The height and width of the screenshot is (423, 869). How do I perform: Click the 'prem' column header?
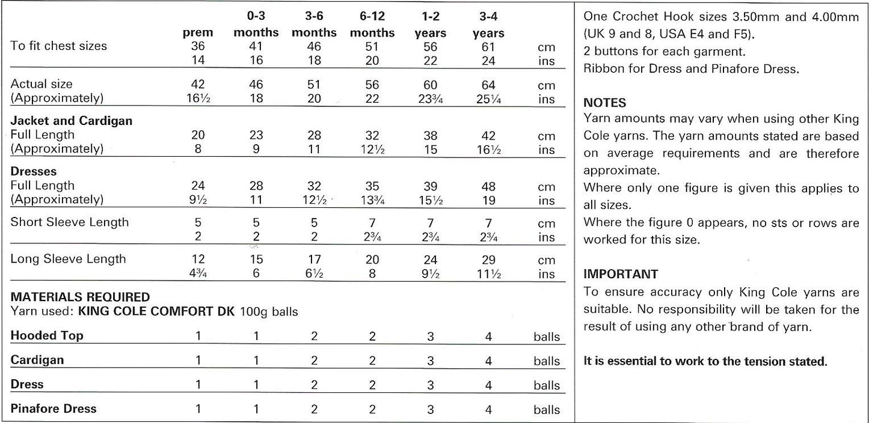click(x=198, y=33)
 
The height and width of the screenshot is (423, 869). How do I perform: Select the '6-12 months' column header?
click(x=372, y=25)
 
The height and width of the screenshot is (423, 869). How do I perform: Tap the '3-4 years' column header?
click(x=488, y=25)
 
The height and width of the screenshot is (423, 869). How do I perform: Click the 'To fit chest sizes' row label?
click(x=59, y=46)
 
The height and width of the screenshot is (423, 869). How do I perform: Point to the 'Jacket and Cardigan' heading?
click(x=72, y=121)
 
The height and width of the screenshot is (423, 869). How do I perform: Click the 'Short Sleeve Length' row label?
click(x=70, y=222)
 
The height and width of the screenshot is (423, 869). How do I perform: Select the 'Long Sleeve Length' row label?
click(x=69, y=259)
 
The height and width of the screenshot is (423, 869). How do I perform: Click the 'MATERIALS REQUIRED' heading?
click(x=81, y=297)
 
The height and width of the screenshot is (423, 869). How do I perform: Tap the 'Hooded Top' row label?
click(x=47, y=336)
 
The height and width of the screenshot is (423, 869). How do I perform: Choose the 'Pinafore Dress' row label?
click(x=54, y=409)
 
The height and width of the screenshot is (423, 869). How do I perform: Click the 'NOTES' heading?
click(x=605, y=103)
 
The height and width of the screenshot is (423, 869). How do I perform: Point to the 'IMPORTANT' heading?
click(x=621, y=274)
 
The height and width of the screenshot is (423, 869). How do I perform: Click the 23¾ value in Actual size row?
click(x=431, y=99)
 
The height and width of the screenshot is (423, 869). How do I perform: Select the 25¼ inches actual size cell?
click(x=488, y=99)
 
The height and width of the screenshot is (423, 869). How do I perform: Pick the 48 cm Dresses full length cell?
click(x=488, y=186)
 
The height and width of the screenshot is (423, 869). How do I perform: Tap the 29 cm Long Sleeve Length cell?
click(x=488, y=260)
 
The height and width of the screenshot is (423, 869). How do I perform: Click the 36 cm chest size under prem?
click(x=198, y=47)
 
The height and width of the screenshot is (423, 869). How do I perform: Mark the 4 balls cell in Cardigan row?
click(x=488, y=361)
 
